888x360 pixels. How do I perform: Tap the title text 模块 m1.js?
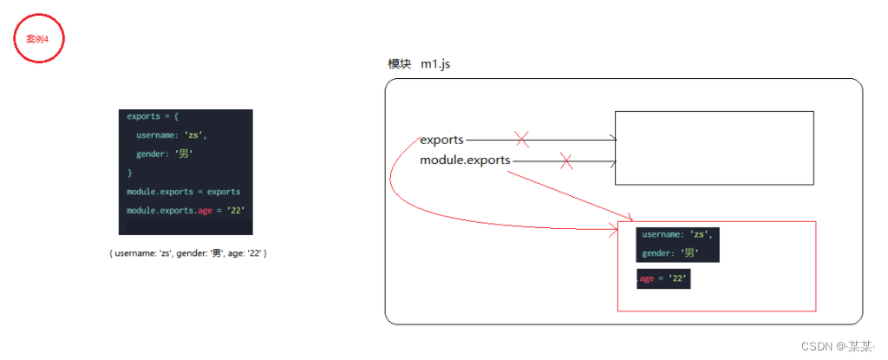(419, 65)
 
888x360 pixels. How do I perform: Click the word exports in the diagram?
(441, 139)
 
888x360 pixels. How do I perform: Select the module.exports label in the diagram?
(465, 160)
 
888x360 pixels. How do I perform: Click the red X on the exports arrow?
(522, 139)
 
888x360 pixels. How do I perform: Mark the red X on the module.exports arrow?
(566, 160)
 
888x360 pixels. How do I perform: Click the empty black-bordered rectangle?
(714, 147)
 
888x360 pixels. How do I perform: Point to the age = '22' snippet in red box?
(663, 278)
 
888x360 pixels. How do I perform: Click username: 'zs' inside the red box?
(677, 234)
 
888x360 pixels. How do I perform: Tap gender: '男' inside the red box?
(670, 253)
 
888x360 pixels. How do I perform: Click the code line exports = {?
(153, 116)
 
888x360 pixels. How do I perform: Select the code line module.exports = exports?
(183, 192)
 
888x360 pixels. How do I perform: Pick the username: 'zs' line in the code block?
(172, 134)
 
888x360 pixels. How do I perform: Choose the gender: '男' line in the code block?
(164, 154)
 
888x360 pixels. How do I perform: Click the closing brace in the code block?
(129, 173)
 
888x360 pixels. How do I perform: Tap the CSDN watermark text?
(837, 345)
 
